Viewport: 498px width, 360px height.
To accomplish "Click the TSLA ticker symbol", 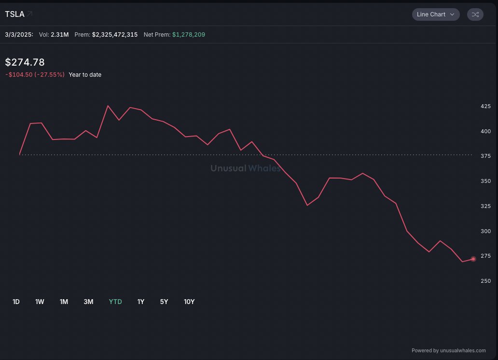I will (15, 14).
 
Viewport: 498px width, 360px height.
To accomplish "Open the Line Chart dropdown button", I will (435, 14).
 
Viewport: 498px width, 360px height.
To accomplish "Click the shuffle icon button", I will (475, 14).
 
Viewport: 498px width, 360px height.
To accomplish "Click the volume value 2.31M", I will (60, 35).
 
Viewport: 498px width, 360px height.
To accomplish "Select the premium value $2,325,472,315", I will (115, 35).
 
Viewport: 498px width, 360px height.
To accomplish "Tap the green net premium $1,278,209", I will (189, 35).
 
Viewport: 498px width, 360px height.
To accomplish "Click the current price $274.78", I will (25, 62).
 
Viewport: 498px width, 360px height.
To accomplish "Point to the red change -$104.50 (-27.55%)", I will (35, 75).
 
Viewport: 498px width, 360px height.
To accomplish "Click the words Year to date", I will (85, 75).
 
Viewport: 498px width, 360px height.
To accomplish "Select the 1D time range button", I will (16, 302).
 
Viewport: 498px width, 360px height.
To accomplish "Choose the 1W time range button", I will (40, 302).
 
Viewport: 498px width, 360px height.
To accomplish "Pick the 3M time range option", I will (88, 302).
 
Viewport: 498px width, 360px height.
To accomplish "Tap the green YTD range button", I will (115, 302).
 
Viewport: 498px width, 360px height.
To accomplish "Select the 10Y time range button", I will (189, 302).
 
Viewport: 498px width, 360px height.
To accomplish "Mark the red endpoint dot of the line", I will (473, 259).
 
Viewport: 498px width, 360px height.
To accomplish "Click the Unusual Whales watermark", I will (245, 168).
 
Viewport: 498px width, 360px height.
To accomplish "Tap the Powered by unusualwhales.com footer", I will (448, 351).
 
